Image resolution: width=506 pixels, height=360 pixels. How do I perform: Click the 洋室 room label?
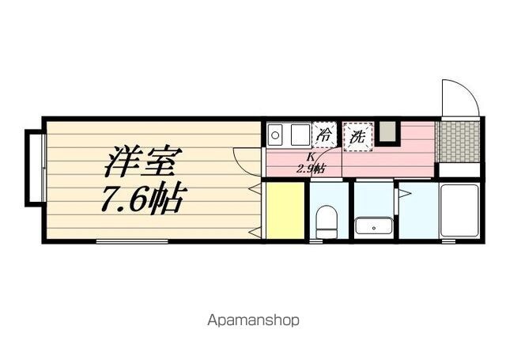pyautogui.click(x=143, y=161)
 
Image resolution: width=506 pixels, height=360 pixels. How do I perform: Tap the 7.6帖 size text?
pyautogui.click(x=144, y=199)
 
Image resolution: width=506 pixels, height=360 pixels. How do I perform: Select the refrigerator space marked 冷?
pyautogui.click(x=323, y=135)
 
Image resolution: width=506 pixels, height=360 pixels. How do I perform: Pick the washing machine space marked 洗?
pyautogui.click(x=358, y=137)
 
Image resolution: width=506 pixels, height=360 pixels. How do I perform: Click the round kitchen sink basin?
pyautogui.click(x=275, y=135)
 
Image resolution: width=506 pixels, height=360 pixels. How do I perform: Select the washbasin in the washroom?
pyautogui.click(x=374, y=225)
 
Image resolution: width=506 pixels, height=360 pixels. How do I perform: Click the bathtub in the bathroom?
pyautogui.click(x=459, y=210)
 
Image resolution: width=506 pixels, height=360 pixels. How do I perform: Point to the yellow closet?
pyautogui.click(x=285, y=210)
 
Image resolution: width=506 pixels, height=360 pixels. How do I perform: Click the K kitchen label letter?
pyautogui.click(x=311, y=157)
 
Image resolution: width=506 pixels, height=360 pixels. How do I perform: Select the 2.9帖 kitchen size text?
pyautogui.click(x=311, y=169)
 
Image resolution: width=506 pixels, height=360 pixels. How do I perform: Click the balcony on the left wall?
pyautogui.click(x=34, y=168)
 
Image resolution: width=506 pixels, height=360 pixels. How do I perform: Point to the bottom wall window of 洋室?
pyautogui.click(x=132, y=241)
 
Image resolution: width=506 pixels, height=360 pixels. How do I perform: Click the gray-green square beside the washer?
pyautogui.click(x=387, y=131)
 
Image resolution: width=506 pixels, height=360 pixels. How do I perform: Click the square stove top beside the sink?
pyautogui.click(x=300, y=135)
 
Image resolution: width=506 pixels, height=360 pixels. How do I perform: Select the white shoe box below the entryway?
pyautogui.click(x=459, y=170)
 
